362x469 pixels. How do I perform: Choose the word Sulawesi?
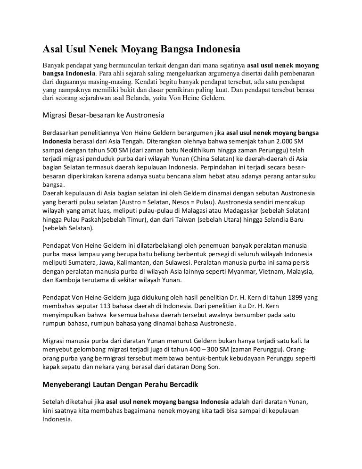[x=176, y=263]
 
